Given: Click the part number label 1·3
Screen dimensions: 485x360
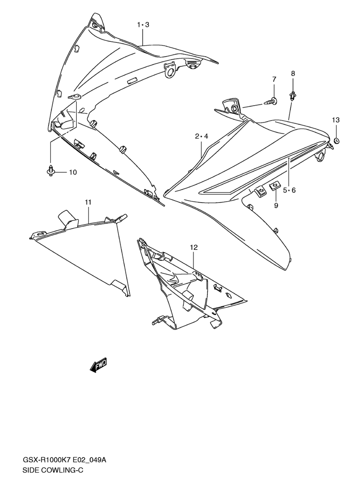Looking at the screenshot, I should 143,24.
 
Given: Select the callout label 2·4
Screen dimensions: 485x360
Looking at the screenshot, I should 202,136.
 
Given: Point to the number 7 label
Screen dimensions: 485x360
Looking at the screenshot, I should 274,79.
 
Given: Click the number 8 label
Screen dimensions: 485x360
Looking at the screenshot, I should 292,73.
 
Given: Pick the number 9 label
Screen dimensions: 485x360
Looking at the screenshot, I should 276,206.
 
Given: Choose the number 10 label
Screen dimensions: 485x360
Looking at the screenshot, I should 72,172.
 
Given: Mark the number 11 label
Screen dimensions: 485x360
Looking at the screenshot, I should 88,202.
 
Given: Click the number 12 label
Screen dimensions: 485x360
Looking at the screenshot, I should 193,247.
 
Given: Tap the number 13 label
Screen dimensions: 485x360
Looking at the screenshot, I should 336,120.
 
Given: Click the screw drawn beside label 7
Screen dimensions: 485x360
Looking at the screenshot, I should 272,101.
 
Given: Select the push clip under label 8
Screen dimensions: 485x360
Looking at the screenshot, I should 292,96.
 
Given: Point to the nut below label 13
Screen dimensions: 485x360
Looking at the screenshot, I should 336,140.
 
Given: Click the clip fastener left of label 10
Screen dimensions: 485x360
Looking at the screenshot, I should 50,170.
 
